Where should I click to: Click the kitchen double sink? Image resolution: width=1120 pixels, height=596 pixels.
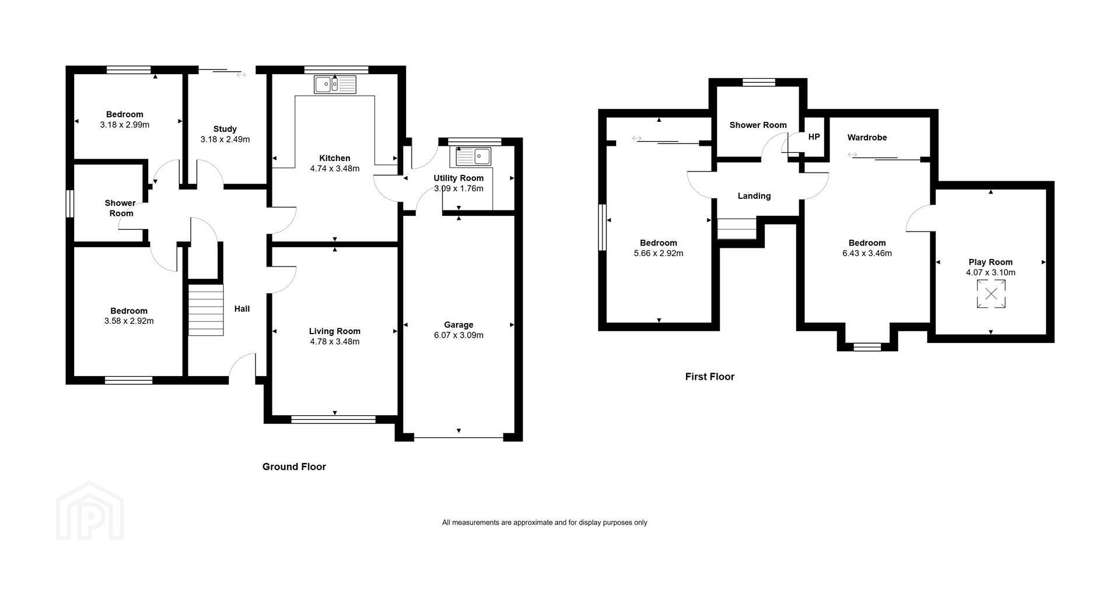335,85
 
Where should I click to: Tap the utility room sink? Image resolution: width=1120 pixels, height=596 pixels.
474,156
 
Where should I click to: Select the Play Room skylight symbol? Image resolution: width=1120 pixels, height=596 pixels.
991,294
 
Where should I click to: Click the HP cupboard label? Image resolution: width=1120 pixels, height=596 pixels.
814,136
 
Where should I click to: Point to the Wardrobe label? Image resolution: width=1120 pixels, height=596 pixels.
867,138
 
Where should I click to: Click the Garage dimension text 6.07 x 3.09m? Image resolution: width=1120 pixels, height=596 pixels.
459,335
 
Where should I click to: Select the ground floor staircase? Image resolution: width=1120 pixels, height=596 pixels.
206,310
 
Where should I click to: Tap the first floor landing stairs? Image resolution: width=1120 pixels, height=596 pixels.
737,228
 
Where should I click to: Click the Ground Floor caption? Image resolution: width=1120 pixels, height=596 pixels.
294,467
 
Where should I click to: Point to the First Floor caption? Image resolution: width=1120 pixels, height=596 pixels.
709,377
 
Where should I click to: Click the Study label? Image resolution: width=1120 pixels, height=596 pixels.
225,129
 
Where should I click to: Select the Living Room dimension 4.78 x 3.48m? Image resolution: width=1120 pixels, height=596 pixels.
335,342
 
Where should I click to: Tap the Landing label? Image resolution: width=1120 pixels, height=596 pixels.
754,196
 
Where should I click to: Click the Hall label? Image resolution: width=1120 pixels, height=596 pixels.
242,308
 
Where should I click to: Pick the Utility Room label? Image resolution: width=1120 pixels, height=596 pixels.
459,178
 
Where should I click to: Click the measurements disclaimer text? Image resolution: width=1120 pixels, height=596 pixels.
545,523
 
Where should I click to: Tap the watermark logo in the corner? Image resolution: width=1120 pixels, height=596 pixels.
90,511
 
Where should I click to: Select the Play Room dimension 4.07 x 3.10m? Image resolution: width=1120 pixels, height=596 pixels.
991,272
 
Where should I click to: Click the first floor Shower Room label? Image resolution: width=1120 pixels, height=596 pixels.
758,125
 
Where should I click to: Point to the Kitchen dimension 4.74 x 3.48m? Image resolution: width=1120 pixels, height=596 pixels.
335,169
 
